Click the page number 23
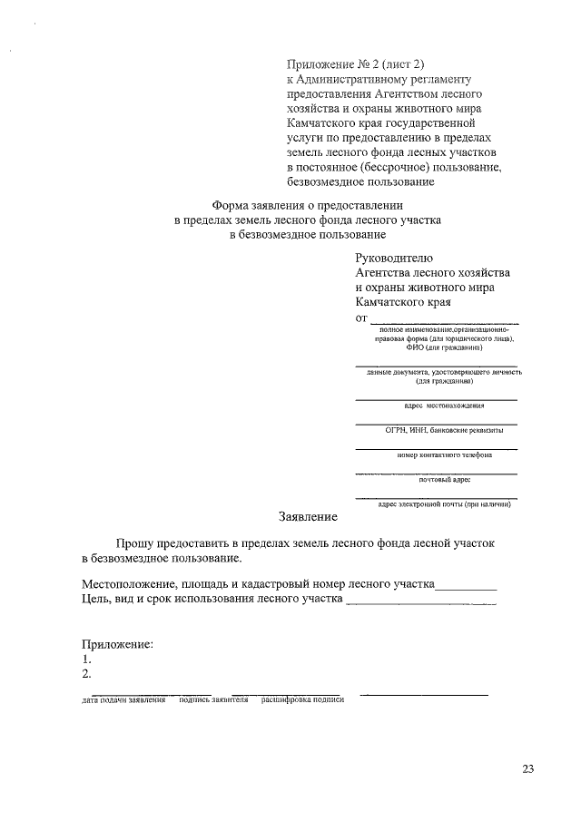coord(527,769)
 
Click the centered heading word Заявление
coord(308,517)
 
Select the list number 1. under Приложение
coord(85,660)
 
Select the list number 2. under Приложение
coord(85,674)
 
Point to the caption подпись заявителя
coord(214,700)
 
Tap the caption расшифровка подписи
coord(303,700)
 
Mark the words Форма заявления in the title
coord(258,205)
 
